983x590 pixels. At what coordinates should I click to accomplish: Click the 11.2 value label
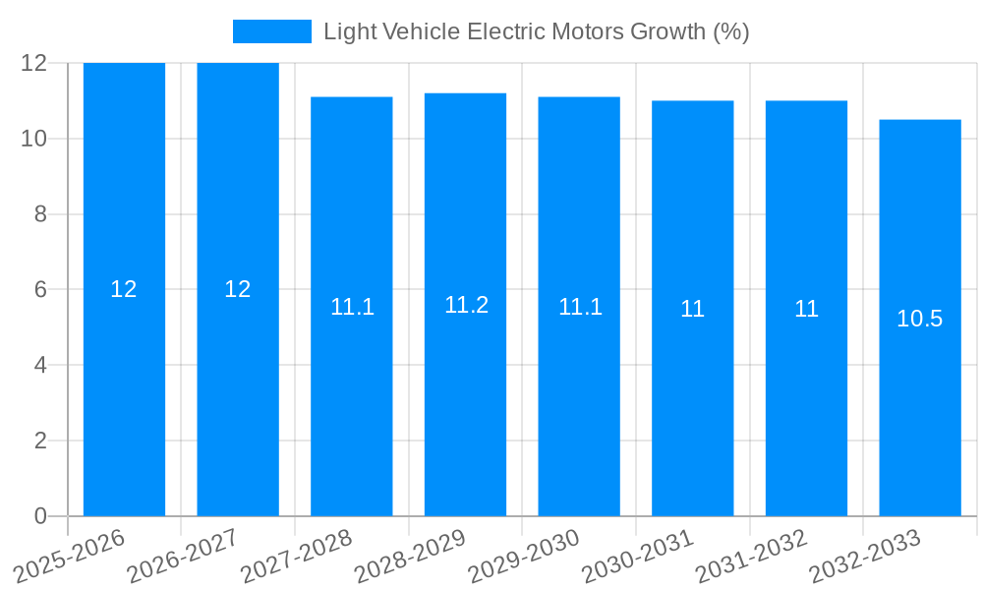point(466,305)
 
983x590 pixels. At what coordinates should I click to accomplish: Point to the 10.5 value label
point(920,319)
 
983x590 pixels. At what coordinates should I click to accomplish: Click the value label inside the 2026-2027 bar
point(238,289)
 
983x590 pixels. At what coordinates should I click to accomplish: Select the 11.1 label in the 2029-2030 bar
point(580,307)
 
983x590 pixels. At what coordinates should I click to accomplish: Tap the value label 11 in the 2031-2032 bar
point(806,309)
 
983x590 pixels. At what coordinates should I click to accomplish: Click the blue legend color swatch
point(271,31)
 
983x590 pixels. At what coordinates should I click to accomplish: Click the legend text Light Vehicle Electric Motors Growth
point(537,31)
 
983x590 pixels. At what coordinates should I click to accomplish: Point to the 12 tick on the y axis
point(34,63)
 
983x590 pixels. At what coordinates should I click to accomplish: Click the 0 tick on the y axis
point(40,516)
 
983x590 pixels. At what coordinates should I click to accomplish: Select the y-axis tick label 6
point(40,290)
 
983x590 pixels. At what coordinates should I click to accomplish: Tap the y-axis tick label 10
point(34,139)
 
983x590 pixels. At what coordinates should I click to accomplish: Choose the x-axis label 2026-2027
point(183,557)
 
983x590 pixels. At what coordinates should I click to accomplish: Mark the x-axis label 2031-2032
point(752,557)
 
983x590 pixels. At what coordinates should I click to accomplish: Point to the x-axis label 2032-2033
point(865,557)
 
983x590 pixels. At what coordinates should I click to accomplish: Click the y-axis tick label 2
point(40,441)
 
